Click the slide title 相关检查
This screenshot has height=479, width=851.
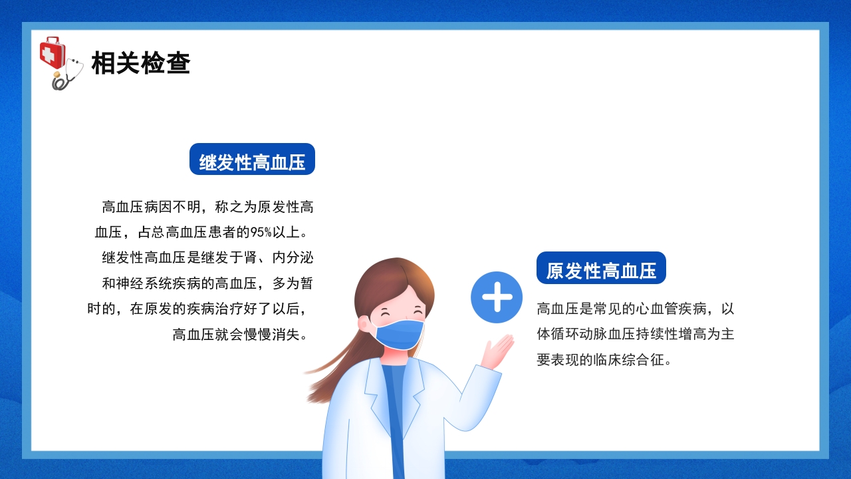[x=141, y=63]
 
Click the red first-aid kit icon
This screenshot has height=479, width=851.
[x=52, y=53]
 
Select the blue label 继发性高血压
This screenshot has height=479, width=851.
[x=252, y=160]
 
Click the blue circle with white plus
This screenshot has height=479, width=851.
[x=497, y=297]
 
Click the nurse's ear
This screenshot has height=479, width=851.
[x=364, y=323]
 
